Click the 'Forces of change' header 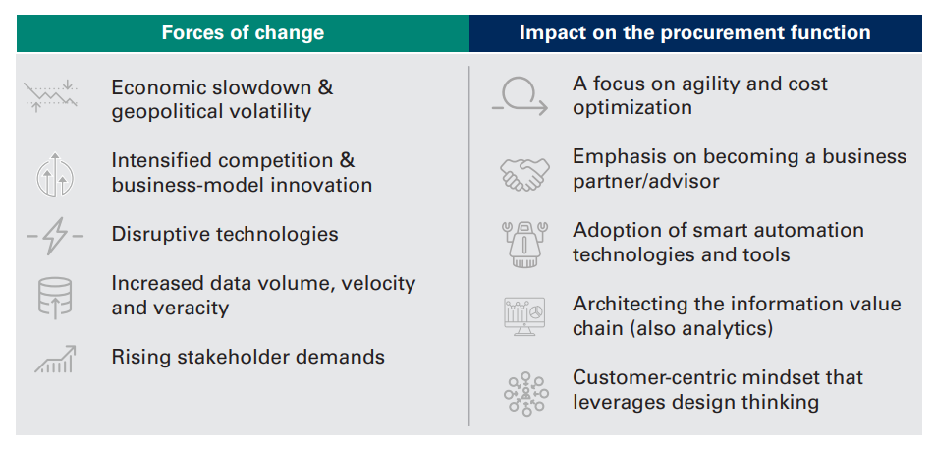tap(243, 32)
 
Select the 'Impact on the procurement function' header tap(695, 32)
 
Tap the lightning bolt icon tap(55, 236)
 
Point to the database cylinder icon tap(55, 297)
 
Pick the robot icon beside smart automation tap(524, 244)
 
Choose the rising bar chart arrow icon tap(55, 359)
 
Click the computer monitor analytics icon tap(523, 316)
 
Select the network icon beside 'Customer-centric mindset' tap(526, 394)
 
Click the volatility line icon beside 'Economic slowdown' tap(51, 95)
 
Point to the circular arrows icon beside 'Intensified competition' tap(55, 174)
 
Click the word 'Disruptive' tap(161, 234)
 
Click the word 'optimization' tap(632, 108)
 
